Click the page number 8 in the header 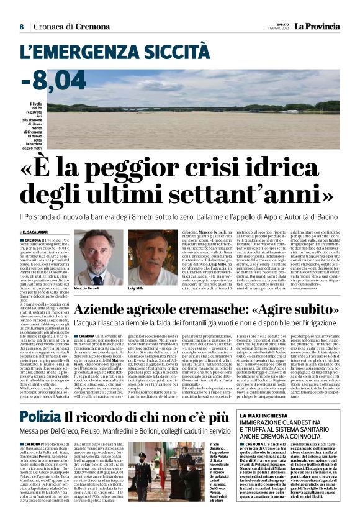coord(22,27)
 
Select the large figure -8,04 coord(53,80)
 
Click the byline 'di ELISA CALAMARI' coord(37,231)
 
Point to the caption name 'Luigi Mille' coord(136,289)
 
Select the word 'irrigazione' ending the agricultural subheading coord(318,323)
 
